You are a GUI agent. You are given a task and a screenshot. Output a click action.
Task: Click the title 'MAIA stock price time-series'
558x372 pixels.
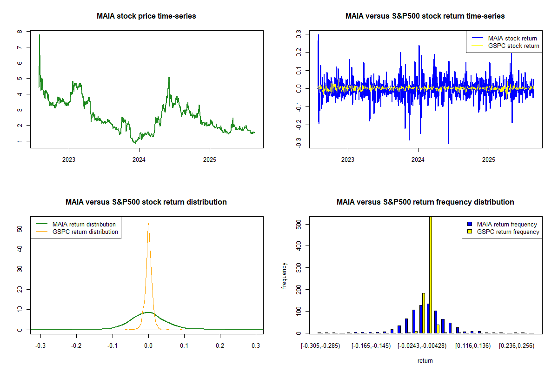[146, 16]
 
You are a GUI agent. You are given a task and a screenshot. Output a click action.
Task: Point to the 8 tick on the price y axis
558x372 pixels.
[20, 32]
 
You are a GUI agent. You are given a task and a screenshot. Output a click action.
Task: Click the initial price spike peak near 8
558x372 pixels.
[39, 35]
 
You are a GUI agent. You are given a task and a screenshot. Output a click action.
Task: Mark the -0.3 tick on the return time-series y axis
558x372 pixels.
[299, 144]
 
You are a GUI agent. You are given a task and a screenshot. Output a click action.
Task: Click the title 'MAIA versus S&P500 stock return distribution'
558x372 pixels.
[146, 202]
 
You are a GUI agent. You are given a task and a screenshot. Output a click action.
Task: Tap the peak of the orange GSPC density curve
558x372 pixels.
[148, 224]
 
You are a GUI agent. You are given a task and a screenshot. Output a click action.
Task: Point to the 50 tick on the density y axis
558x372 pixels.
[20, 229]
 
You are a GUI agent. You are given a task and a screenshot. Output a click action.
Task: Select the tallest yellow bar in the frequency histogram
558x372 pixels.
[431, 274]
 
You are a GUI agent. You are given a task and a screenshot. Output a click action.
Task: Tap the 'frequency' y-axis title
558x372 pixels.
[285, 276]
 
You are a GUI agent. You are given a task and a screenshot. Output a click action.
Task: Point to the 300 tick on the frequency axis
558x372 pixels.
[299, 267]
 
